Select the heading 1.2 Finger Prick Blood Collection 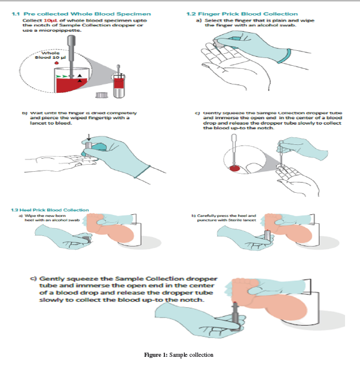(x=242, y=13)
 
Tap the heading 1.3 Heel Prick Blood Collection (x=50, y=210)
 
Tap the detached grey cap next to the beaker (x=102, y=95)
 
